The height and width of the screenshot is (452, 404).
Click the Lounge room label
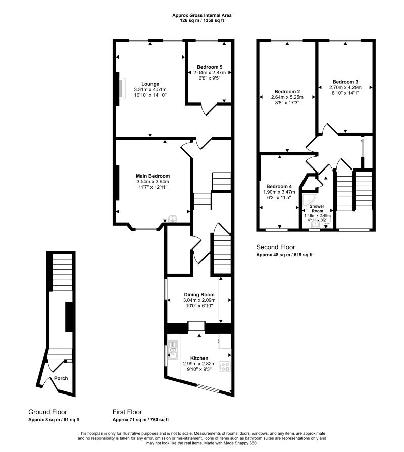(x=150, y=84)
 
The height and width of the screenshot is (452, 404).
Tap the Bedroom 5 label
(x=210, y=67)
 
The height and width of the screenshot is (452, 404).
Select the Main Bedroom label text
(x=153, y=176)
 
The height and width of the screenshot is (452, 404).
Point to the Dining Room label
(x=199, y=294)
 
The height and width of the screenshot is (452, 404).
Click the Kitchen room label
(x=199, y=358)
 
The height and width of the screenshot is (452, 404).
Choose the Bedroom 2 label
(x=287, y=92)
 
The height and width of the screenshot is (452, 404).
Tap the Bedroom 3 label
(x=345, y=82)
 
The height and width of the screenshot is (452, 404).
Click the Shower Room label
(x=317, y=208)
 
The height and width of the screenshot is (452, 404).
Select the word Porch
(x=61, y=378)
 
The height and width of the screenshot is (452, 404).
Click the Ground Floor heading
(x=47, y=412)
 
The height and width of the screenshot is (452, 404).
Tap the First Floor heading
(x=127, y=412)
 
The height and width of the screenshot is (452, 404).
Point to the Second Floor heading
(x=276, y=247)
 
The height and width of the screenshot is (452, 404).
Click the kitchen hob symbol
(x=225, y=366)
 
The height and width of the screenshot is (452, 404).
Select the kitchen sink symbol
(x=173, y=350)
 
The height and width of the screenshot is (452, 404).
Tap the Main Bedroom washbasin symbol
(x=173, y=219)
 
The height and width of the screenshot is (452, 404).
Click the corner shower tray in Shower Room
(x=308, y=201)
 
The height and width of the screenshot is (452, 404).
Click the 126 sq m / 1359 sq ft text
(x=202, y=21)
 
